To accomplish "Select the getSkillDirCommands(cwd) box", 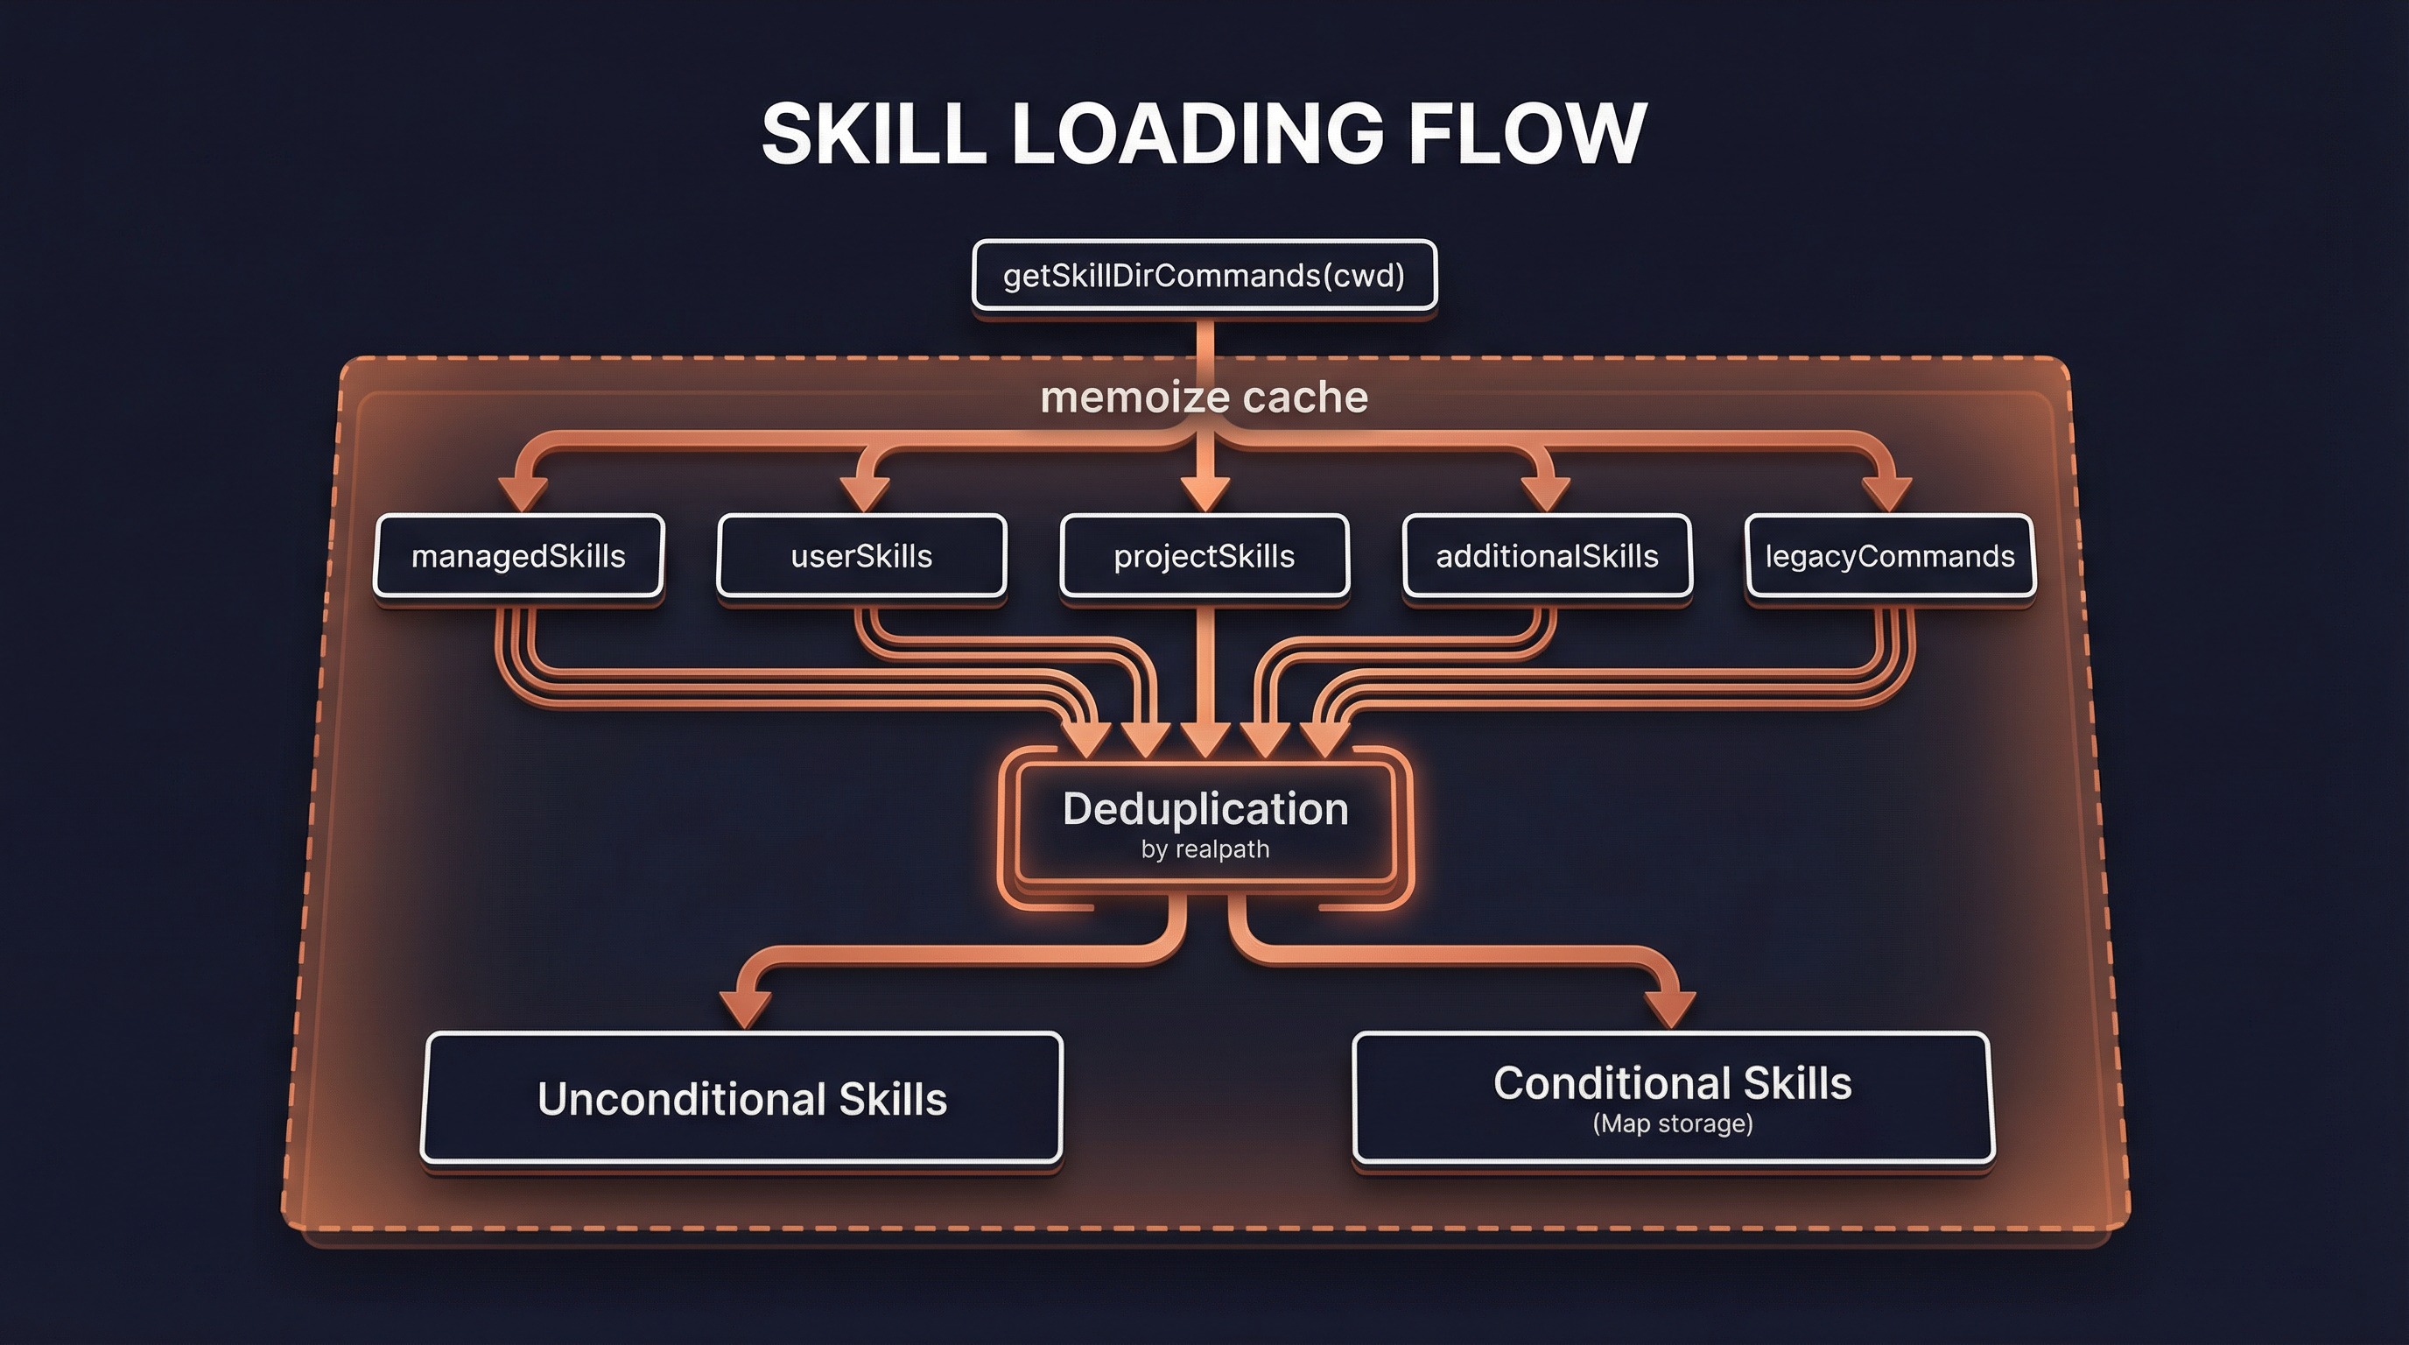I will tap(1204, 276).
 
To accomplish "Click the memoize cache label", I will tap(1204, 398).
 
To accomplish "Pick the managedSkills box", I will tap(518, 557).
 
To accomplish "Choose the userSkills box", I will tap(861, 557).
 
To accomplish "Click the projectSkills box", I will tap(1204, 557).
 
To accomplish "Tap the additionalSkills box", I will tap(1547, 557).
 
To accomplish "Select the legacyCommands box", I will tap(1890, 557).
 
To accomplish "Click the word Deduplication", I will tap(1205, 809).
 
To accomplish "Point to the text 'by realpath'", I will tap(1205, 850).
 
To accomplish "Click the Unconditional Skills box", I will tap(741, 1099).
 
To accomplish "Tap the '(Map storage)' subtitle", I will tap(1672, 1123).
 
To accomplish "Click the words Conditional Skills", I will tap(1672, 1083).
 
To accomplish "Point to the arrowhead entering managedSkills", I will tap(523, 493).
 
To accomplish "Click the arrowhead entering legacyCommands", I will tap(1886, 493).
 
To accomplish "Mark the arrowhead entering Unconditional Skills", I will tap(745, 1011).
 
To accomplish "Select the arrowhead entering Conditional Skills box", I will tap(1669, 1011).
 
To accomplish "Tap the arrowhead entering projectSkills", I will tap(1204, 493).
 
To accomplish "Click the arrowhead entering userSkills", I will tap(865, 493).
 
